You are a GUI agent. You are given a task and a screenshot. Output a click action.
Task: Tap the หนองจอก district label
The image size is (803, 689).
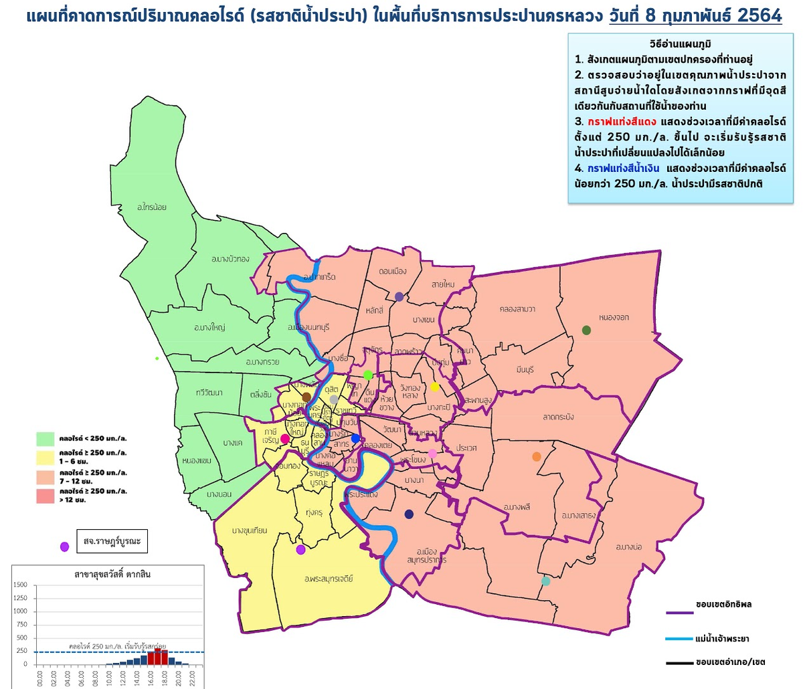pyautogui.click(x=614, y=317)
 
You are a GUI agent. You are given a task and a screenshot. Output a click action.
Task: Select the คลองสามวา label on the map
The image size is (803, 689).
pyautogui.click(x=517, y=309)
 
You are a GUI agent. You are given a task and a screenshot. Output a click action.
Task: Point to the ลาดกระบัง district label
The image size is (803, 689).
pyautogui.click(x=559, y=417)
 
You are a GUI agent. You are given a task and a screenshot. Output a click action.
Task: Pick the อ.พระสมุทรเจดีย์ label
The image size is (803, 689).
pyautogui.click(x=328, y=579)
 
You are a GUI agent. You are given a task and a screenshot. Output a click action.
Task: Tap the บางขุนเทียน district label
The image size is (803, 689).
pyautogui.click(x=250, y=530)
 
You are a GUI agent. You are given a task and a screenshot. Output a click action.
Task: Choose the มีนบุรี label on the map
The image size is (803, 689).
pyautogui.click(x=529, y=369)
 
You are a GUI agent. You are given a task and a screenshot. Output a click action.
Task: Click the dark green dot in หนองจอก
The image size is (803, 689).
pyautogui.click(x=587, y=330)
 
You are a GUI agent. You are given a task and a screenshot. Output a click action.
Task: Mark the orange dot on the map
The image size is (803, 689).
pyautogui.click(x=536, y=457)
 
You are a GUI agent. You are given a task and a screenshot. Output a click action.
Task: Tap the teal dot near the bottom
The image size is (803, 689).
pyautogui.click(x=545, y=581)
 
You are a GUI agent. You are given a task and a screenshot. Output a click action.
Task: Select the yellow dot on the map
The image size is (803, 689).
pyautogui.click(x=434, y=386)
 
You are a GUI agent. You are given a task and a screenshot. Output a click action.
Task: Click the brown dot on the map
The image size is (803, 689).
pyautogui.click(x=306, y=397)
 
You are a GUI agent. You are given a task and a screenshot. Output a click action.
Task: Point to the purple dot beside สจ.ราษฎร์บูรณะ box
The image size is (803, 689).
pyautogui.click(x=65, y=547)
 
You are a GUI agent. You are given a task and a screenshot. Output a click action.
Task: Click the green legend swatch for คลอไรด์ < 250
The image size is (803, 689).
pyautogui.click(x=46, y=439)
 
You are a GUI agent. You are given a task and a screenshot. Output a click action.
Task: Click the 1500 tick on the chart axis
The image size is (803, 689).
pyautogui.click(x=20, y=585)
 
